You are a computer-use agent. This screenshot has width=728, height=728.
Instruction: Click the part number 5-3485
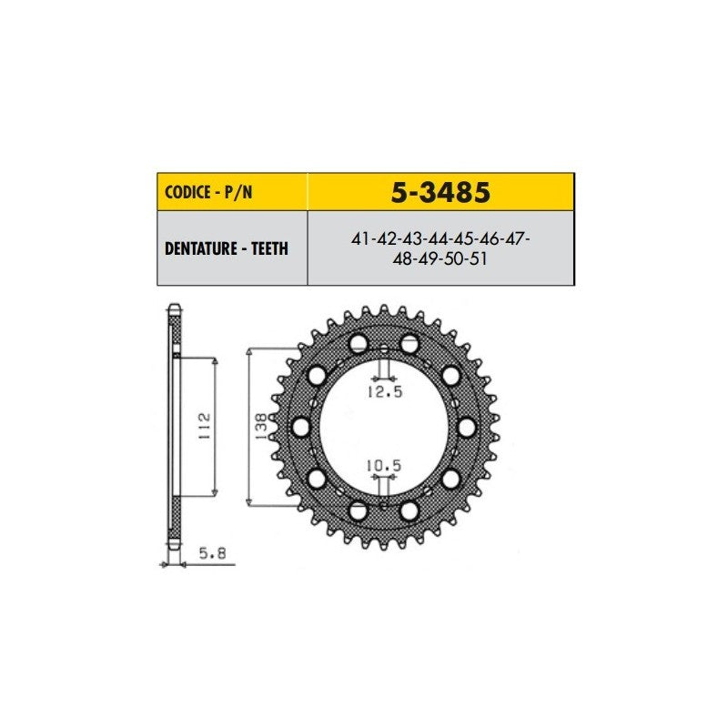pos(440,192)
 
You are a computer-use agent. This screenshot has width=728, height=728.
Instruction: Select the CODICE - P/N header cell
pos(232,192)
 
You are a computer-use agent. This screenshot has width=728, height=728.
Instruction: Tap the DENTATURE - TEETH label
pos(227,248)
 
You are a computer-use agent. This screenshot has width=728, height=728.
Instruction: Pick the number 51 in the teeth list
pos(479,258)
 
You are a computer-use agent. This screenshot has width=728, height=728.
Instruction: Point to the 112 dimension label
pos(204,427)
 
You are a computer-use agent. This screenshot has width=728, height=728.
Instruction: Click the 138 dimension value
pos(261,427)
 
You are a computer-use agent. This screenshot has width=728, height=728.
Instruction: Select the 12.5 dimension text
pos(385,392)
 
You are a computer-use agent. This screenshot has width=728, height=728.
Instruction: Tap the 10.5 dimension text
pos(384,465)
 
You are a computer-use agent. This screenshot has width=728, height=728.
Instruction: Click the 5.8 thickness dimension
pos(212,553)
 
